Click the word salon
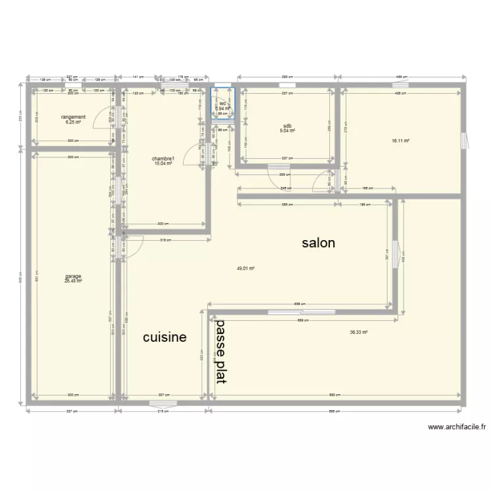[318, 243]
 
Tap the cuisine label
[165, 338]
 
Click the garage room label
[73, 276]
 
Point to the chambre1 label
[163, 158]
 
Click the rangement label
[73, 117]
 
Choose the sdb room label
[287, 126]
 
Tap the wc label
[223, 104]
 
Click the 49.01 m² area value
[245, 268]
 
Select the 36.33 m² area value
[358, 333]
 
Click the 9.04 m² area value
[287, 131]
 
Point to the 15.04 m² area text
[163, 163]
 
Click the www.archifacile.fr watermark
[457, 426]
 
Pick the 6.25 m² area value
[73, 122]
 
